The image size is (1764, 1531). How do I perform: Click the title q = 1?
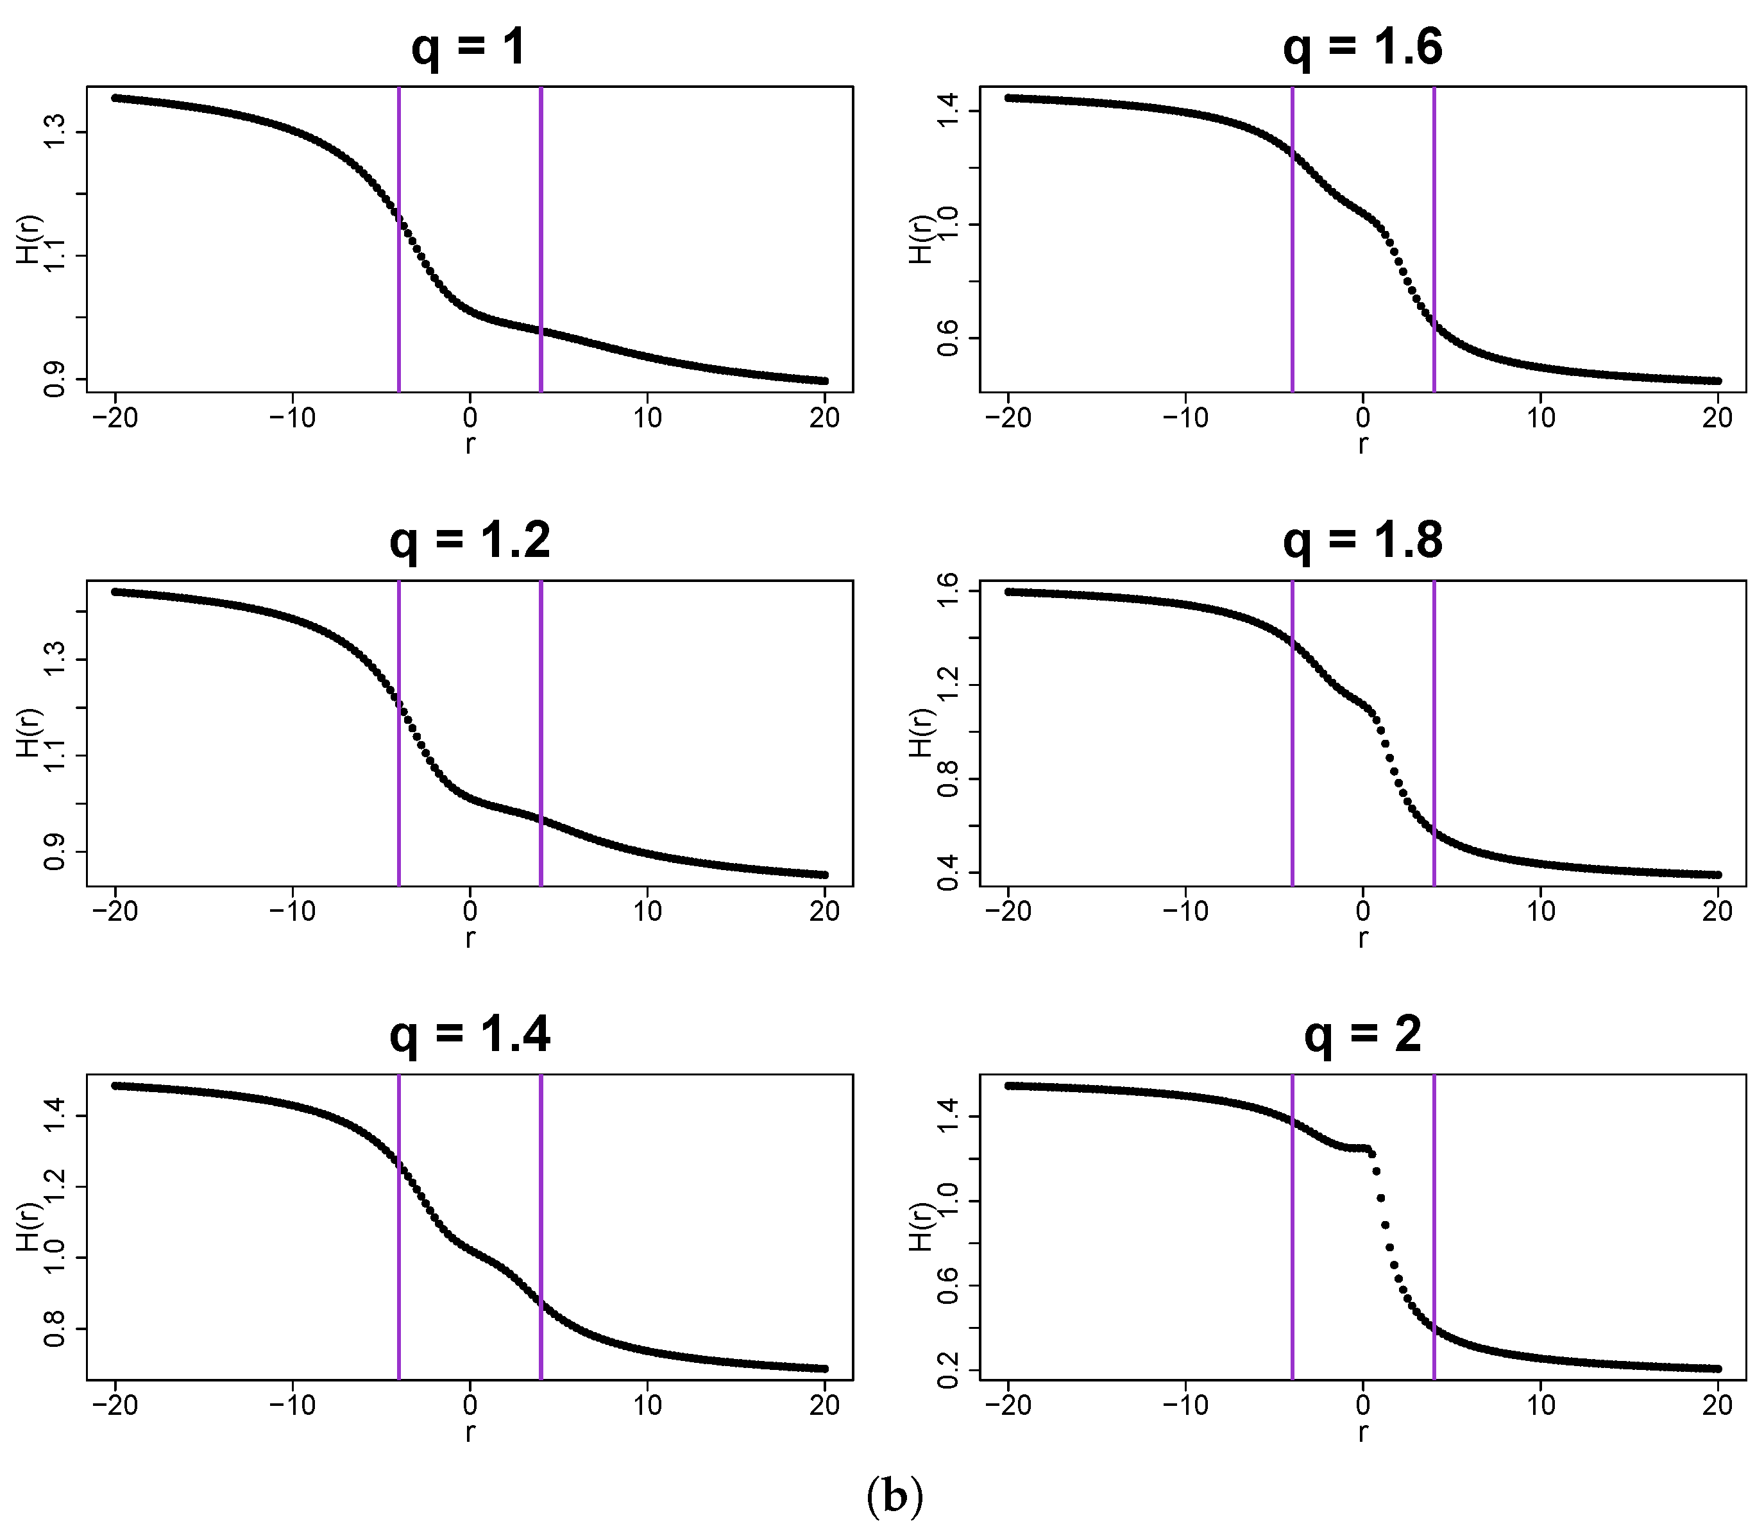click(x=469, y=48)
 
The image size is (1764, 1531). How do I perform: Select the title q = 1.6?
click(x=1362, y=48)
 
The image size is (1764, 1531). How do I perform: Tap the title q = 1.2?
click(x=469, y=542)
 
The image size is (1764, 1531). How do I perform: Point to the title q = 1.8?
click(x=1362, y=542)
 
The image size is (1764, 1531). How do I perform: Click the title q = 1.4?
click(x=469, y=1036)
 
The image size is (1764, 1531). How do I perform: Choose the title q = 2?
click(x=1362, y=1036)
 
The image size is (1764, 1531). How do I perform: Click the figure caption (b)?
click(x=894, y=1496)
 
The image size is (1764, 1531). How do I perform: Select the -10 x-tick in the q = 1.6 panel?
click(x=1185, y=418)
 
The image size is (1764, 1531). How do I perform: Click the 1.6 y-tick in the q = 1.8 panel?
click(x=947, y=591)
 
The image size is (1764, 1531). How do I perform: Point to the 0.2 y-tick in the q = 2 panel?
click(x=947, y=1371)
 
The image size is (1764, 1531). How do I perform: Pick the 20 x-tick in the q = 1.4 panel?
click(x=824, y=1405)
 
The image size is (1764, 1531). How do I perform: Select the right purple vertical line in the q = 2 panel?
click(x=1434, y=1230)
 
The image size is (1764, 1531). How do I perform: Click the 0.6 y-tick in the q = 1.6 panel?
click(x=947, y=338)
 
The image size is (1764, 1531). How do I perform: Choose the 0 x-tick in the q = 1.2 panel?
click(x=470, y=912)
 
